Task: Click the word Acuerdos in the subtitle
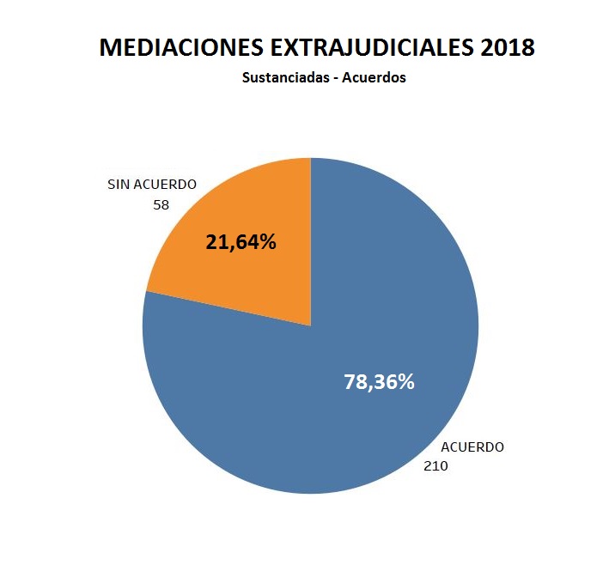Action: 374,77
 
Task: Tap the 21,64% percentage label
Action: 241,242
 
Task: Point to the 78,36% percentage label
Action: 379,382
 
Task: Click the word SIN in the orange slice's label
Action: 119,185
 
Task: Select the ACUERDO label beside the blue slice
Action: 472,447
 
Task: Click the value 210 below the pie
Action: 435,466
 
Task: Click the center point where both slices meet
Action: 311,325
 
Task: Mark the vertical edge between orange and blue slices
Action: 311,240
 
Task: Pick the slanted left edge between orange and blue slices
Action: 228,308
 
